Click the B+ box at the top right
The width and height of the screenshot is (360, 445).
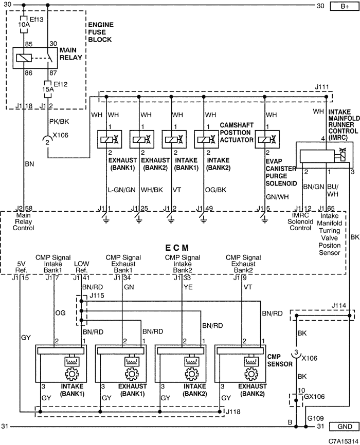coord(345,6)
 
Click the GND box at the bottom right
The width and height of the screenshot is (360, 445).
coord(345,427)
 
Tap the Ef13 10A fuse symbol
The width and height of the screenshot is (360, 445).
coord(24,24)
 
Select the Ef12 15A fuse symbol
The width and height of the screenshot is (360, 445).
coord(47,89)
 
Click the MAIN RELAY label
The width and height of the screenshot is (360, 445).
coord(71,53)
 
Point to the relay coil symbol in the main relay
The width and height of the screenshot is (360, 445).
coord(22,58)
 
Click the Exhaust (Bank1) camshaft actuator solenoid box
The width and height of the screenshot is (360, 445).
coord(110,139)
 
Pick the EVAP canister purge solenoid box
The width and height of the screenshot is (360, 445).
coord(267,139)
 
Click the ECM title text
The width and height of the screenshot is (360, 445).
coord(177,248)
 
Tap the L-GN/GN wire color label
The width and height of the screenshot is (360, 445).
coord(121,190)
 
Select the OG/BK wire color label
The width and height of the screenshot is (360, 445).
coord(215,190)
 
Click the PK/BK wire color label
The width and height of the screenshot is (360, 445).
coord(59,121)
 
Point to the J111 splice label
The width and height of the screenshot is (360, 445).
coord(321,87)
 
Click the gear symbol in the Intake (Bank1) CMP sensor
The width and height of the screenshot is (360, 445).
coord(71,374)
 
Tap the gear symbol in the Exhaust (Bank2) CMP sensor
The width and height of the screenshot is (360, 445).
coord(251,374)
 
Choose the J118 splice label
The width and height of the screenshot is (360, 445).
coord(233,412)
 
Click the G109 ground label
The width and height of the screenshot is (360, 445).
coord(315,418)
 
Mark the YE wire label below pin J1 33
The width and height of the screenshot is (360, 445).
coord(188,287)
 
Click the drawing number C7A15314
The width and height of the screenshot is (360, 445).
coord(343,441)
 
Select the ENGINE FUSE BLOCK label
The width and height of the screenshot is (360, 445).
coord(101,32)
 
